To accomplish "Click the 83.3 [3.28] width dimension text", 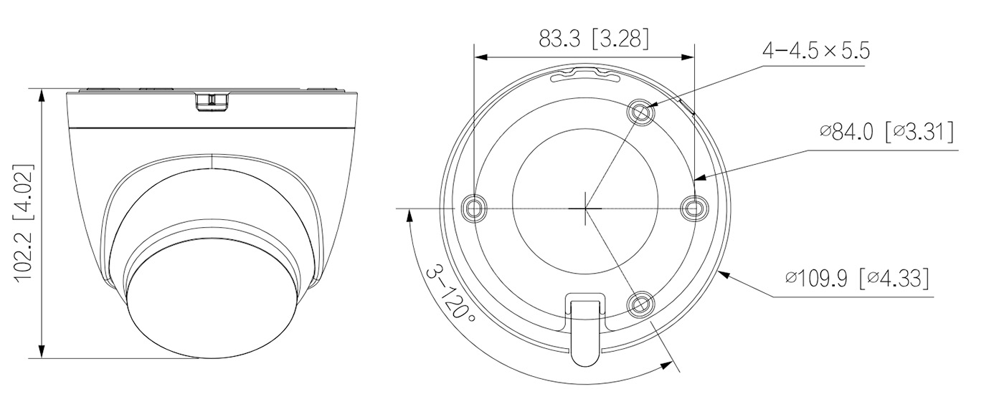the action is tap(594, 39).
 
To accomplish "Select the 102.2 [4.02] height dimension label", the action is tap(24, 224).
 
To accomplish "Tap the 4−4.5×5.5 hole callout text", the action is tap(816, 51).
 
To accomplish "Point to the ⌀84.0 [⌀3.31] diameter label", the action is tap(886, 133).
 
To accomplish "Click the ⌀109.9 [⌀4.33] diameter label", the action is tap(856, 279).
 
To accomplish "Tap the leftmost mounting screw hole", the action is tap(475, 208).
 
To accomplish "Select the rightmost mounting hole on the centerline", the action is tap(694, 208).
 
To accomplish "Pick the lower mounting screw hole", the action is tap(640, 304).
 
